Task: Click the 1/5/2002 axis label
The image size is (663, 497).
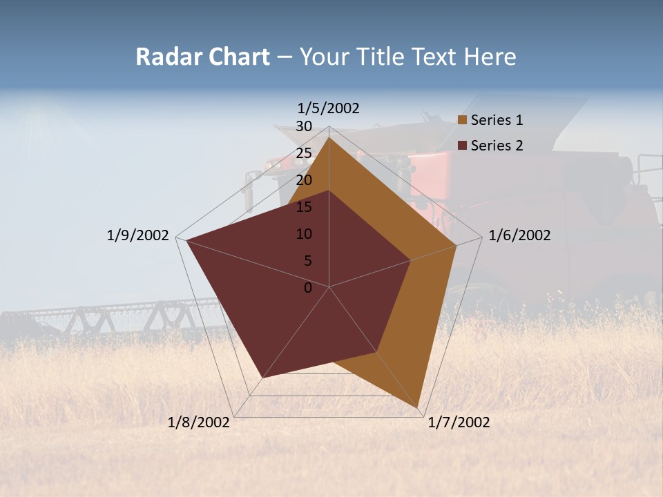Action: pos(329,108)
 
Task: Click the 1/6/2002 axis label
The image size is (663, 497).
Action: pos(519,236)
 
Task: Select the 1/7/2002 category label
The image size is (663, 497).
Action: pos(459,422)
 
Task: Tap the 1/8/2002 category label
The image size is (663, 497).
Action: pos(199,422)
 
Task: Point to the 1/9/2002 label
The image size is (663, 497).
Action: pos(137,236)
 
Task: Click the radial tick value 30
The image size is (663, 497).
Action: pos(304,126)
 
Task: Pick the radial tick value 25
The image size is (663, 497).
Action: pos(304,153)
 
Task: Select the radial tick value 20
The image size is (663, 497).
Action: pos(304,180)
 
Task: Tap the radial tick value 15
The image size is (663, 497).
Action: pos(304,207)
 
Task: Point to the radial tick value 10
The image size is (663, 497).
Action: pos(304,234)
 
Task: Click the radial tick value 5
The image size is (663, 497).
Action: pos(307,261)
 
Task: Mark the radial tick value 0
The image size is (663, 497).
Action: pos(308,288)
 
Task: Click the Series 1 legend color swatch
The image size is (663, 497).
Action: pos(463,121)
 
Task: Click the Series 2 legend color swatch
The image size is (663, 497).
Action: pos(463,146)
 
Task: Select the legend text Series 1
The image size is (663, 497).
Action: pos(497,121)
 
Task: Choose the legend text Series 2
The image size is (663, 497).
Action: pos(497,146)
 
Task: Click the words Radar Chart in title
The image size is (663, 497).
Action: pos(202,57)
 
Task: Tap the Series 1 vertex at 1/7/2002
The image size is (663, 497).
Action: pos(418,407)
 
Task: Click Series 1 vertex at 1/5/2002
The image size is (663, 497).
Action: pos(329,138)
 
